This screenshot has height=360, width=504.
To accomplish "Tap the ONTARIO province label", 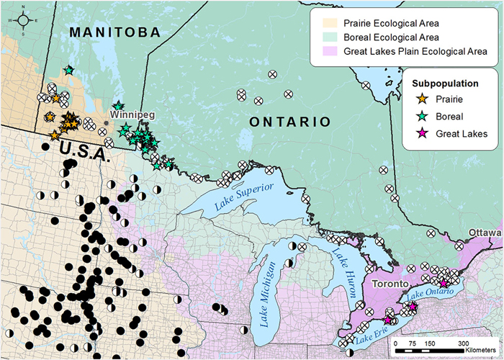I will point(284,122).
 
